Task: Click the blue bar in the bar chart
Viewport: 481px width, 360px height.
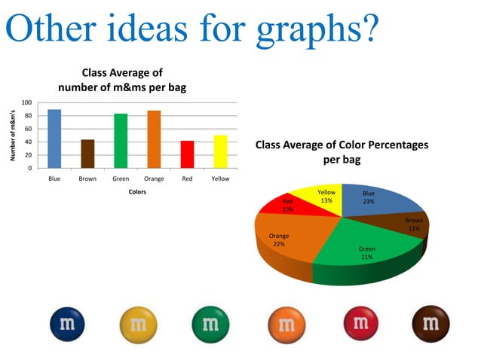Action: click(54, 139)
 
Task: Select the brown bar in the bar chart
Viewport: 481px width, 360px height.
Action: click(87, 154)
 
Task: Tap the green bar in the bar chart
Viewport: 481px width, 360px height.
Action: click(121, 141)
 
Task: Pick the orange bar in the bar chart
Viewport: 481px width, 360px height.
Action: click(154, 139)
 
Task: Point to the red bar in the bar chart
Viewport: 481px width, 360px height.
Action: click(187, 154)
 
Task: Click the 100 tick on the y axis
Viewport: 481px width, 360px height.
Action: click(26, 102)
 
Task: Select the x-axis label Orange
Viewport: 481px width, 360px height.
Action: click(154, 179)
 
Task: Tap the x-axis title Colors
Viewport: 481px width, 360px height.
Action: click(137, 192)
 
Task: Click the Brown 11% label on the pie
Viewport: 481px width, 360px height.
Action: click(413, 224)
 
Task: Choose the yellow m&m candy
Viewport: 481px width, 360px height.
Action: click(139, 325)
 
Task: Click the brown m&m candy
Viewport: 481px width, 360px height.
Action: click(430, 325)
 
